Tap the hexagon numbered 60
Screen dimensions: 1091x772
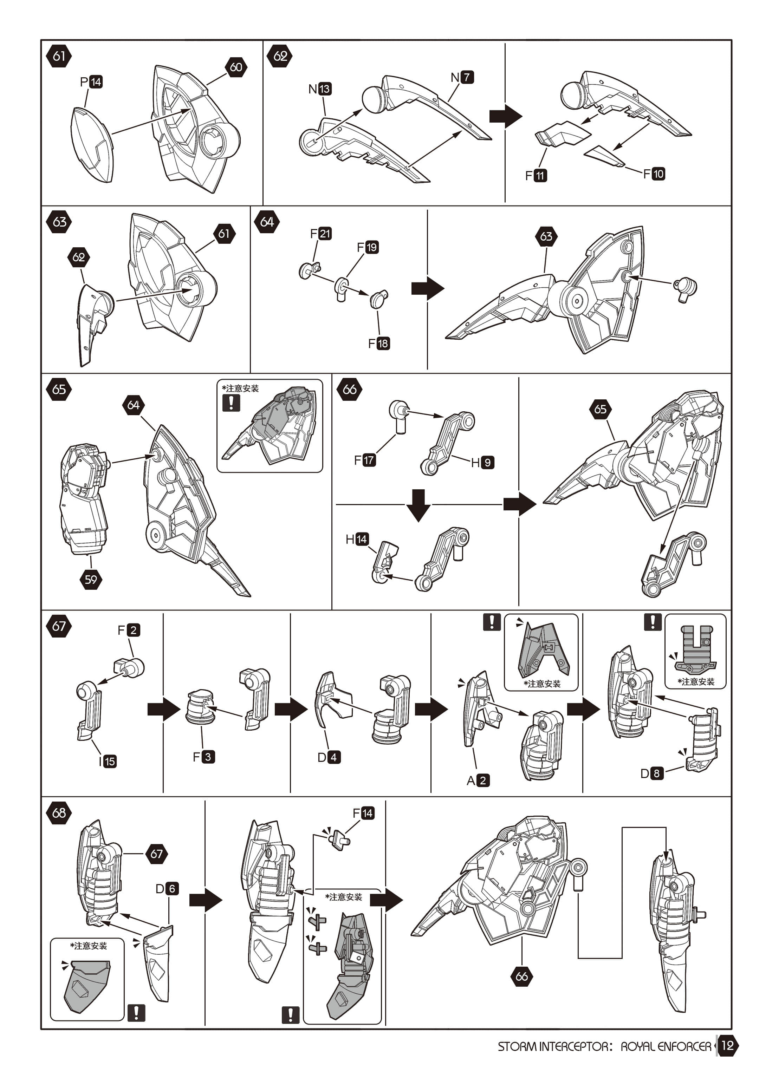(236, 67)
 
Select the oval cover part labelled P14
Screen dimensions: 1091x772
(92, 144)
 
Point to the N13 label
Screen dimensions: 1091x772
(320, 89)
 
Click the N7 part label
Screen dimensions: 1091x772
(462, 77)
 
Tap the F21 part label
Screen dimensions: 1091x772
(321, 233)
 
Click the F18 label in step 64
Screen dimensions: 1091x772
(379, 343)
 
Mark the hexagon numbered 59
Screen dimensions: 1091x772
(91, 579)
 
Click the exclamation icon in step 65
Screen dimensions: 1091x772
(231, 403)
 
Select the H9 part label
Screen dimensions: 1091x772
(482, 462)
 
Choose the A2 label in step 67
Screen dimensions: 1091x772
(478, 780)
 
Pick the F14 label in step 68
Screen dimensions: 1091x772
(364, 813)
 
